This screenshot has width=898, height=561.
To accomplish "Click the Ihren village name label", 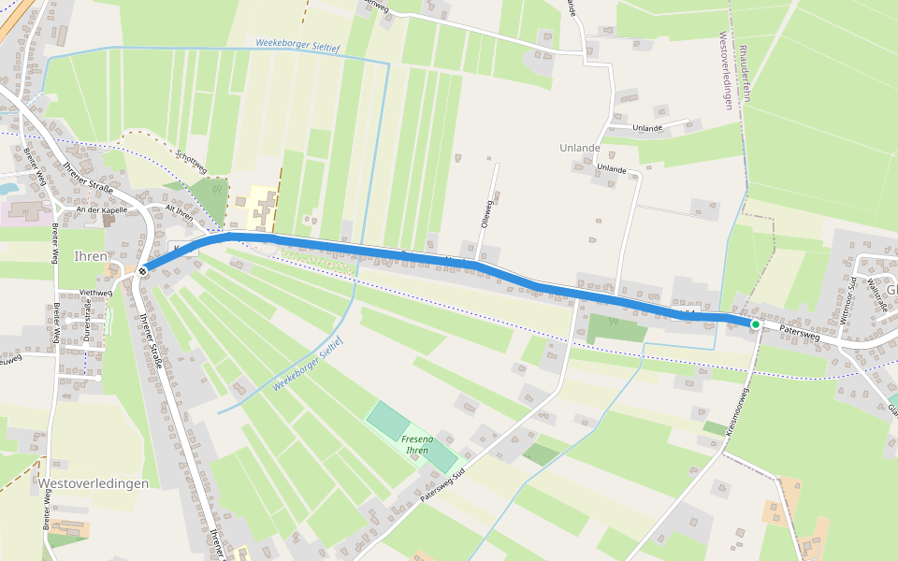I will coord(91,256).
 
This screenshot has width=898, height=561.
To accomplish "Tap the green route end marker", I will coord(755,324).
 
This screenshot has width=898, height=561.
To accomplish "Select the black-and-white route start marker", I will coord(142,271).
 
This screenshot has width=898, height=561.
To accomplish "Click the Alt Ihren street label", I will coord(178,212).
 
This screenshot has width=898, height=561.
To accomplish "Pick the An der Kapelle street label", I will coord(101,210).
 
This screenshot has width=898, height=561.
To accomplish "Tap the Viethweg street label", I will coord(95,293).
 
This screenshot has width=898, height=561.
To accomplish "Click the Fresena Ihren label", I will coord(416,445).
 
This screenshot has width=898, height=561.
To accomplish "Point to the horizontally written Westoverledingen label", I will coord(94,483).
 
